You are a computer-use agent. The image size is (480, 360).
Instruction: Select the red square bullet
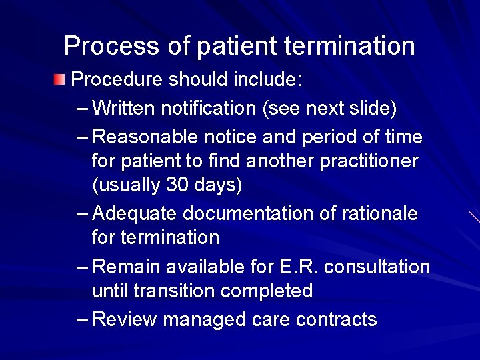coord(60,81)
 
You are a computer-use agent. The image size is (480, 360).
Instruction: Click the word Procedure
coord(117,80)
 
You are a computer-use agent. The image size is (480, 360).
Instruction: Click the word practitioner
coord(364,161)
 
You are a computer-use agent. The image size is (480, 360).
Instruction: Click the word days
coord(216,185)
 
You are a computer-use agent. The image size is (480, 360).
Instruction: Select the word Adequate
coord(135,213)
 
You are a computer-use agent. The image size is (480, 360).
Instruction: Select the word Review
coord(125,319)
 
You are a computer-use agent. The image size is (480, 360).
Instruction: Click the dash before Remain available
coord(83,267)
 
